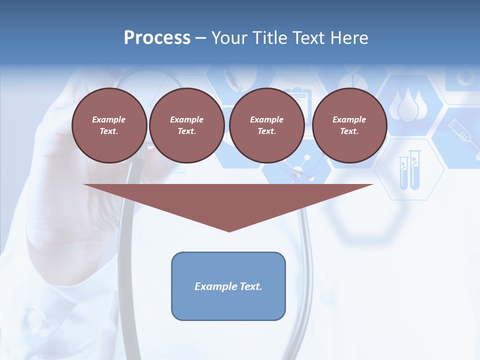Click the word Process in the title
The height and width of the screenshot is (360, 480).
click(x=157, y=38)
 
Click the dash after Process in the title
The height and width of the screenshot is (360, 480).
click(x=201, y=38)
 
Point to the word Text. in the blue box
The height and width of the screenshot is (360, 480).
click(x=249, y=286)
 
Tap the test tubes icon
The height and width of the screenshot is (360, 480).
click(x=409, y=170)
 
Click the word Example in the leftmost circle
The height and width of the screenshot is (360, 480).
click(x=109, y=119)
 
